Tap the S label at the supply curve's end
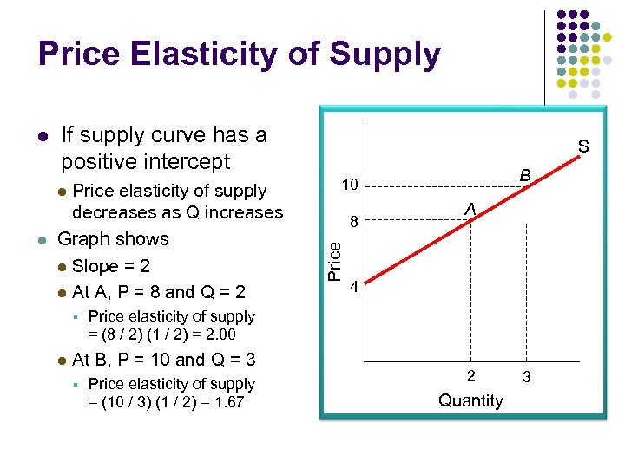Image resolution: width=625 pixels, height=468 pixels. pyautogui.click(x=583, y=146)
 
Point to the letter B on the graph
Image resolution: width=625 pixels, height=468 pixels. pyautogui.click(x=525, y=175)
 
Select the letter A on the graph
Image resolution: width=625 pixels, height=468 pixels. pyautogui.click(x=470, y=208)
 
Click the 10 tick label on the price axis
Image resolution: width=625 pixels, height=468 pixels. pyautogui.click(x=350, y=185)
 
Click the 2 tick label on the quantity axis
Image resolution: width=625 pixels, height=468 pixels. pyautogui.click(x=470, y=376)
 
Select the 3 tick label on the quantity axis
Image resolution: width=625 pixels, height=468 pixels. pyautogui.click(x=527, y=376)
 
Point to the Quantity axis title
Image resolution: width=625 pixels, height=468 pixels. pyautogui.click(x=470, y=400)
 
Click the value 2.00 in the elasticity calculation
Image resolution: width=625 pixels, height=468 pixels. pyautogui.click(x=218, y=335)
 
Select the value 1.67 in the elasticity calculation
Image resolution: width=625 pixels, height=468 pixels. pyautogui.click(x=227, y=402)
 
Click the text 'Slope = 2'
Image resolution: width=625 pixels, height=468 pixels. pyautogui.click(x=111, y=266)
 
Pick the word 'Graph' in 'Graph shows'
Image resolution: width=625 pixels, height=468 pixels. pyautogui.click(x=82, y=239)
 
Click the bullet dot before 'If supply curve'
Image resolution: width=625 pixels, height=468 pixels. pyautogui.click(x=42, y=137)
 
